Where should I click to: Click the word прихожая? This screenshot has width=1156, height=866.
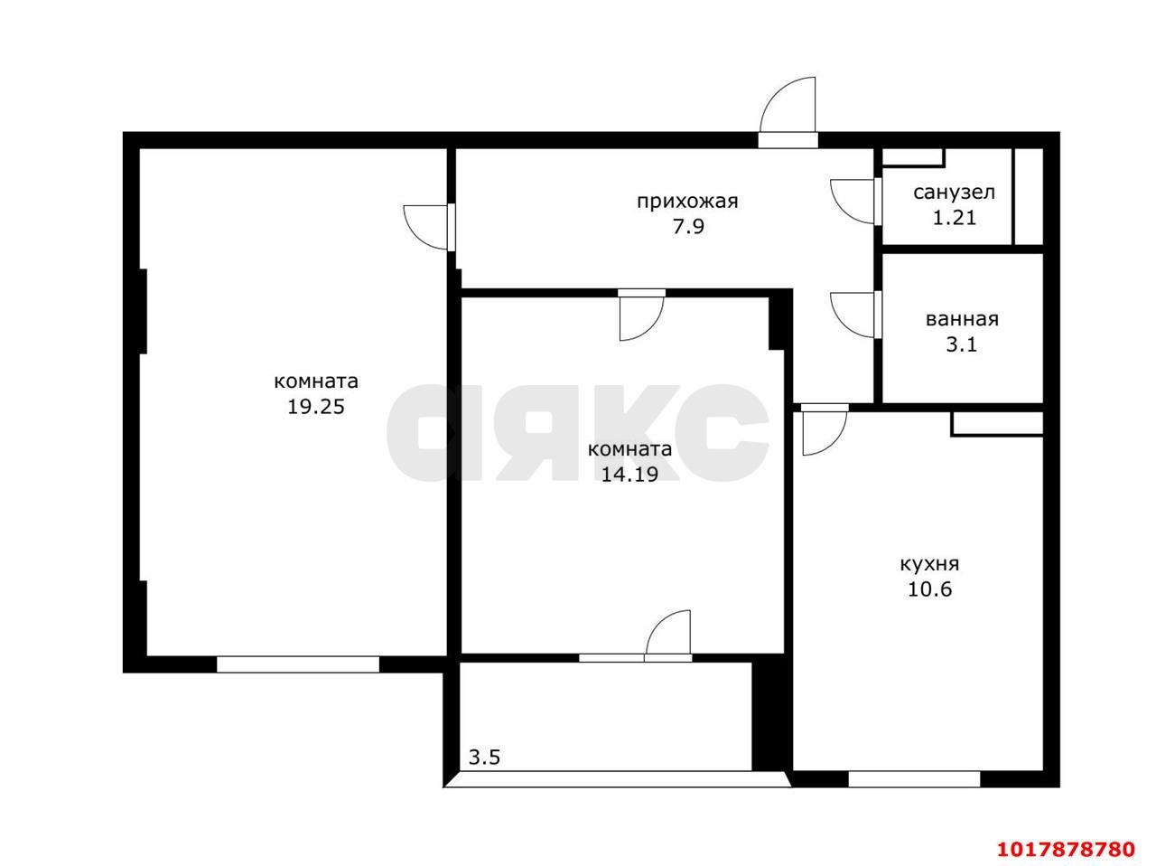click(x=686, y=202)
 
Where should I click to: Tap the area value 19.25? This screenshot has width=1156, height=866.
click(x=315, y=407)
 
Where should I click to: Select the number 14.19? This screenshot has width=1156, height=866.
click(x=629, y=475)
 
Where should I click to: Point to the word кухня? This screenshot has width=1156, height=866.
click(x=929, y=564)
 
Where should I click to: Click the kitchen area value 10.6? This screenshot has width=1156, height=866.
click(x=929, y=588)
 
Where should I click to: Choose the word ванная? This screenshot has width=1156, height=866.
click(x=962, y=319)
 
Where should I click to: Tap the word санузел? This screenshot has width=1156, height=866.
click(x=954, y=193)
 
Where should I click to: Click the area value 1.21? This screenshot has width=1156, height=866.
click(x=955, y=217)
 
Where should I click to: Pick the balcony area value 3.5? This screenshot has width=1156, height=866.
click(x=484, y=758)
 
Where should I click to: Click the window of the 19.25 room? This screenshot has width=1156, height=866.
click(x=297, y=664)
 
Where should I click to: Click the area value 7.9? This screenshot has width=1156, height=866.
click(x=688, y=226)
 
